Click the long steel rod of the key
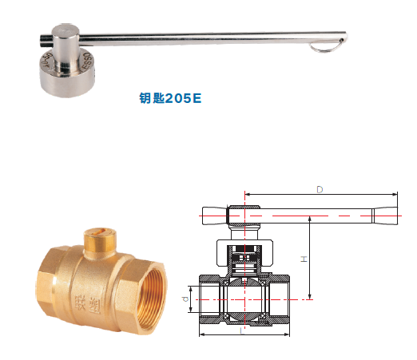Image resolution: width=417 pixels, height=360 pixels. [208, 35]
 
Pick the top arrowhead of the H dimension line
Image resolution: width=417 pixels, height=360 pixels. [309, 219]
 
